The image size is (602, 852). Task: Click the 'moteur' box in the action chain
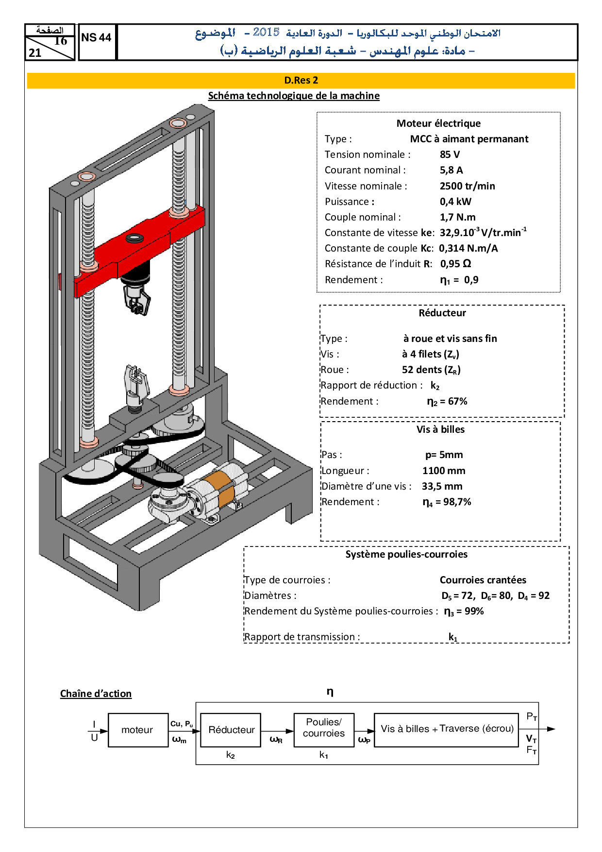coord(137,730)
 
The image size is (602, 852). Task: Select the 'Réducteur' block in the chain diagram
coord(231,730)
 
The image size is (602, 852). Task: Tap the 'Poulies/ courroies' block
coord(324,728)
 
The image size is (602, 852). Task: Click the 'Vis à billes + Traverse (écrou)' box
coord(447,729)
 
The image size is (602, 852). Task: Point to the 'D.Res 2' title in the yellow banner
coord(301,80)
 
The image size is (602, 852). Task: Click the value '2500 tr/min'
coord(467,186)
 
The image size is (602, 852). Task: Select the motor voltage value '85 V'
coord(450,154)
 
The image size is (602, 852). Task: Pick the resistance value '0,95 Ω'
coord(455,264)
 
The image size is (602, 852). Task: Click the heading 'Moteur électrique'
coord(438,123)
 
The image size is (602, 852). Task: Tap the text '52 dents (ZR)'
coord(431,370)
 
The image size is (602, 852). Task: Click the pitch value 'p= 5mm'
coord(444,455)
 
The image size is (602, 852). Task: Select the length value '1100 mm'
coord(443,471)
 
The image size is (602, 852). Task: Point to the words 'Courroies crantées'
coord(483,580)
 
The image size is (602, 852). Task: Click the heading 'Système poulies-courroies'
coord(406,554)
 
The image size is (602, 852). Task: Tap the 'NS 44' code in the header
coord(96,38)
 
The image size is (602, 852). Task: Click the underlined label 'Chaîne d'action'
coord(96,694)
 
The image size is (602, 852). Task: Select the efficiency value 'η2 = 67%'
coord(447,401)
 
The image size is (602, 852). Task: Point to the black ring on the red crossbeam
coord(134,238)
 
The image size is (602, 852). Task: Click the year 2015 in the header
coord(266,33)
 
